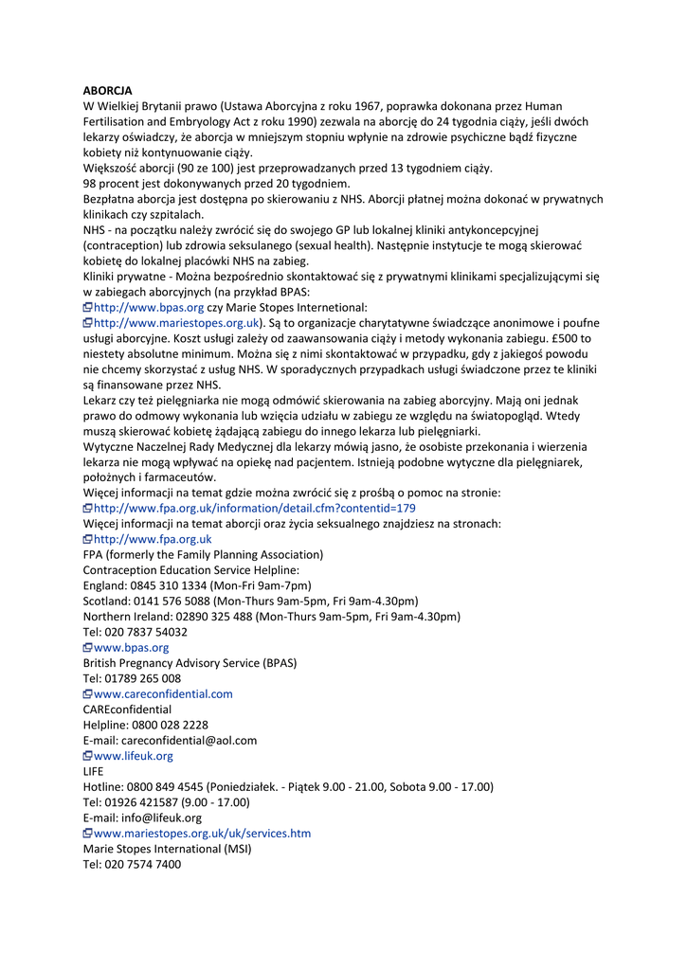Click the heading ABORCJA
[x=107, y=90]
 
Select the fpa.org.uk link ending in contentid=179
[x=254, y=508]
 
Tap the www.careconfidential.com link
[x=163, y=693]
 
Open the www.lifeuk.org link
[x=134, y=756]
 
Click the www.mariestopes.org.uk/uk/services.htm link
[x=202, y=834]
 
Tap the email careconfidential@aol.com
[x=190, y=740]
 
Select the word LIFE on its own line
[x=93, y=771]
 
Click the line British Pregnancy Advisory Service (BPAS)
[x=190, y=663]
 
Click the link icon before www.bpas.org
[x=87, y=648]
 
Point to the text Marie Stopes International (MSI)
[x=168, y=849]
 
